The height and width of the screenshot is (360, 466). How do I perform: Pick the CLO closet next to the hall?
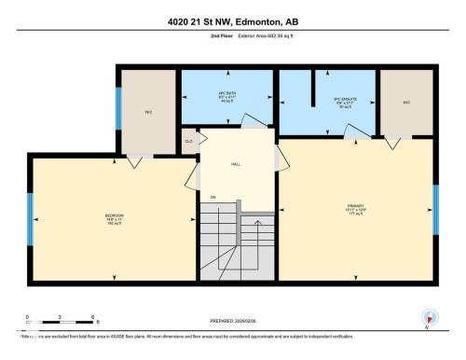pyautogui.click(x=188, y=142)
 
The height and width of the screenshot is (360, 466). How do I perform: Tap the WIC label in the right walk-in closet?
pyautogui.click(x=406, y=103)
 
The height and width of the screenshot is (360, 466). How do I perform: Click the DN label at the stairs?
pyautogui.click(x=212, y=197)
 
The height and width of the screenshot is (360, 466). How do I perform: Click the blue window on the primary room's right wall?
pyautogui.click(x=434, y=211)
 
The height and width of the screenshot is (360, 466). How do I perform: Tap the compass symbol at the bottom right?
pyautogui.click(x=429, y=319)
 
